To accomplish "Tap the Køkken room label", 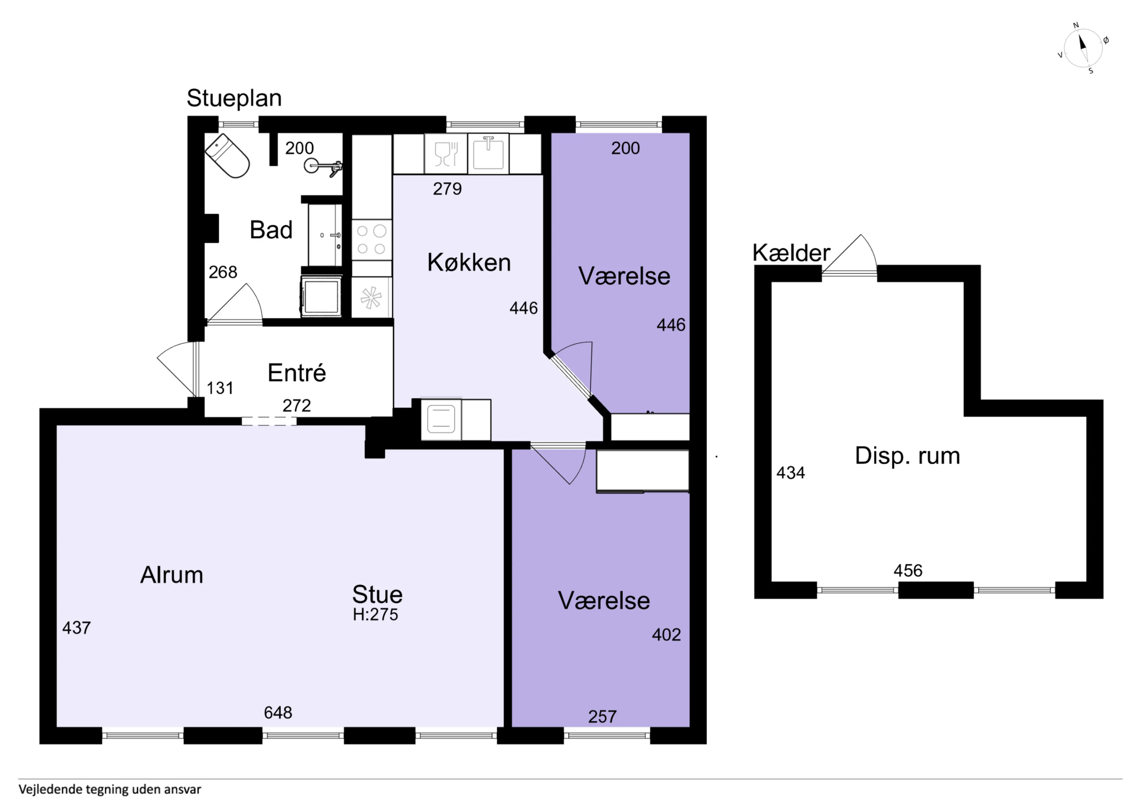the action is pyautogui.click(x=469, y=262).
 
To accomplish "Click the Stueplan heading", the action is pyautogui.click(x=234, y=99).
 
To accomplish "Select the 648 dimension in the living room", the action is pyautogui.click(x=278, y=712).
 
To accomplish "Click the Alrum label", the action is pyautogui.click(x=172, y=575).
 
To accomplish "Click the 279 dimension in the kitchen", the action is pyautogui.click(x=447, y=189).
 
